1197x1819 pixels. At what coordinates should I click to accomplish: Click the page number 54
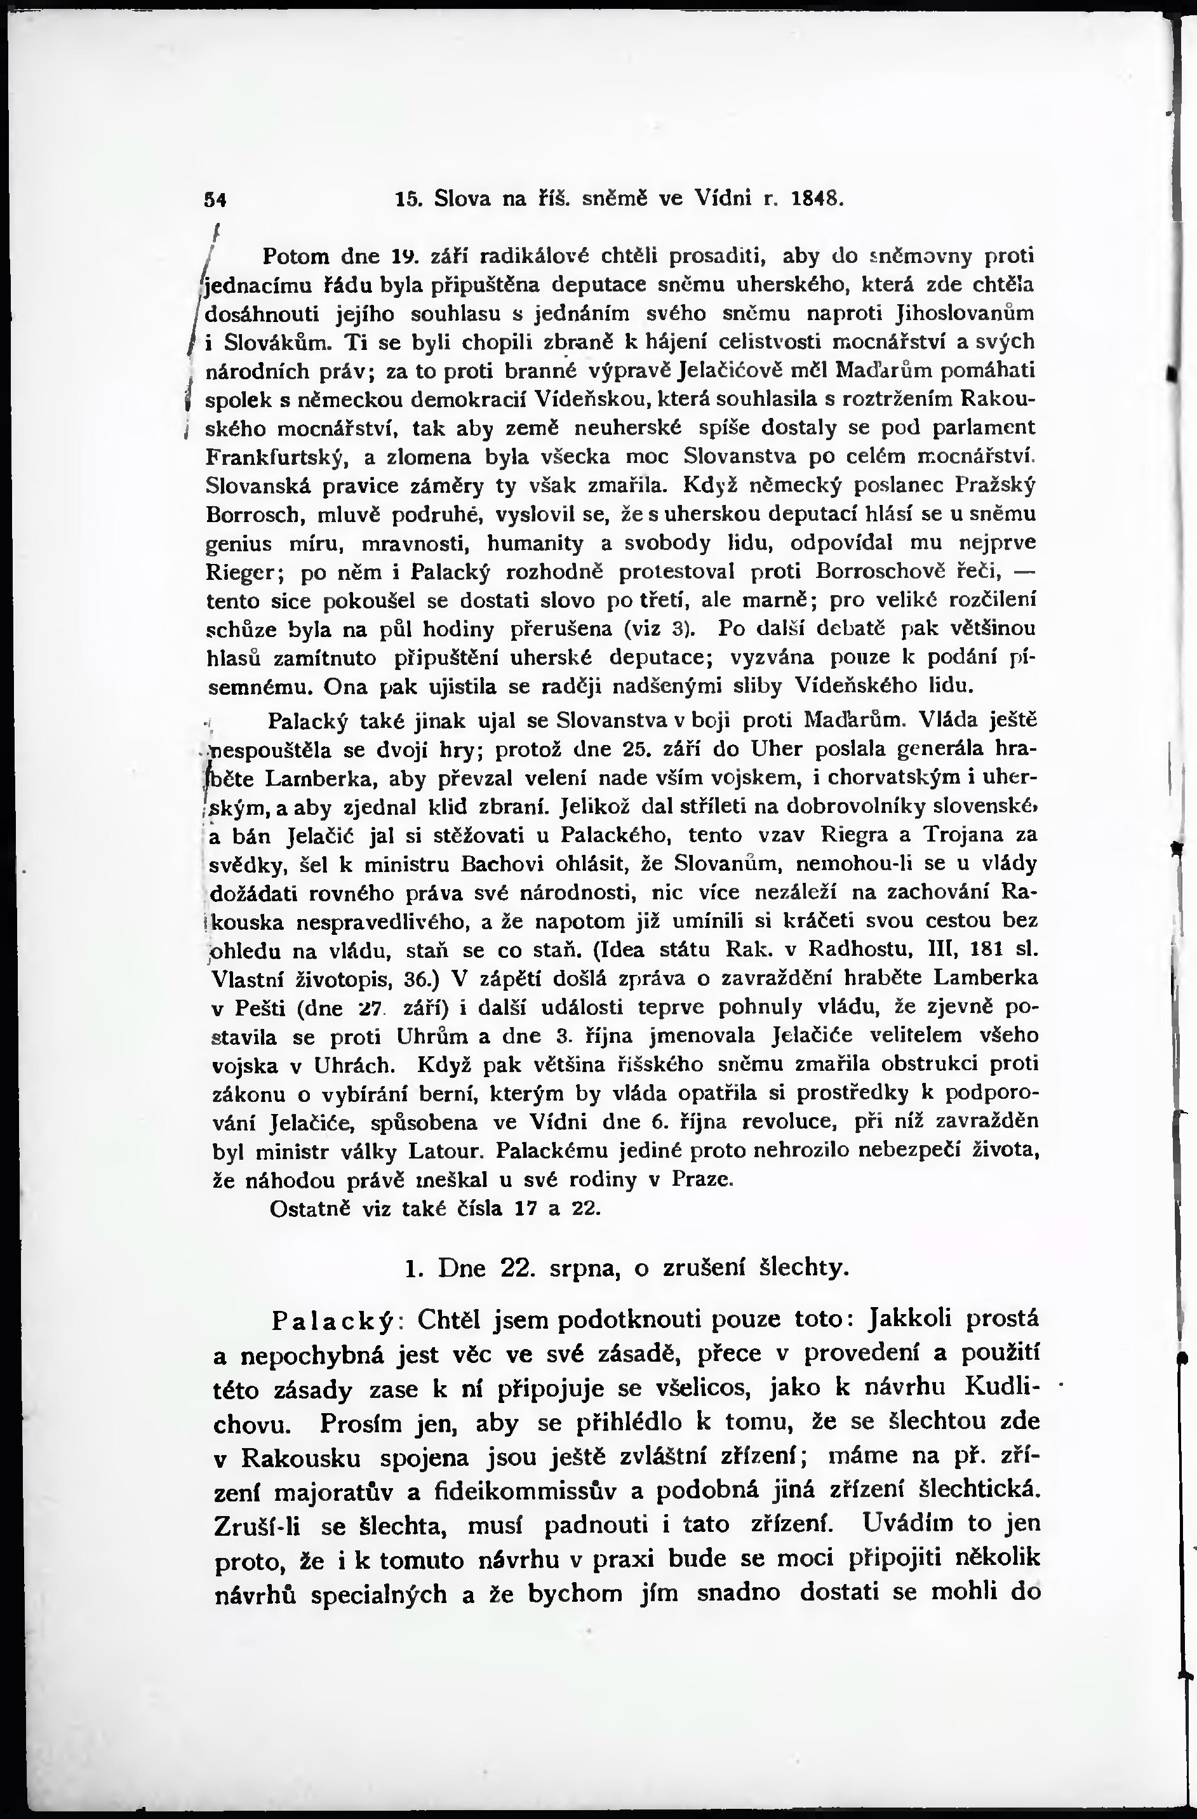click(x=217, y=199)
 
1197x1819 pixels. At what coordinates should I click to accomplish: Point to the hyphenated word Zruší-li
click(x=257, y=1526)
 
